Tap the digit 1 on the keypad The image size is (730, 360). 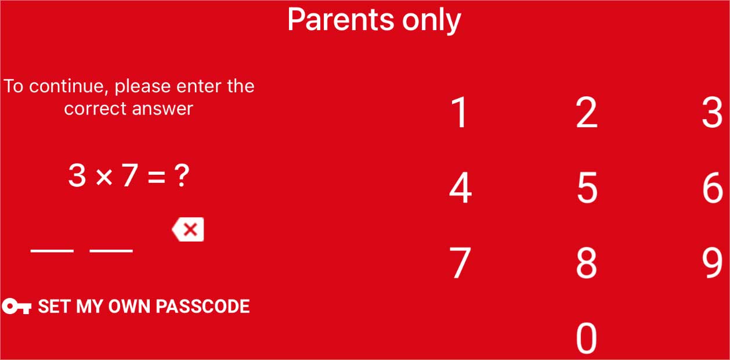pyautogui.click(x=460, y=112)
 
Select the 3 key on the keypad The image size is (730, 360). pyautogui.click(x=712, y=112)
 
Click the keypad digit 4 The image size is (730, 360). pyautogui.click(x=460, y=188)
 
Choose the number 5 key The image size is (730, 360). pyautogui.click(x=587, y=188)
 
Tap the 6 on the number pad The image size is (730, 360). pyautogui.click(x=713, y=188)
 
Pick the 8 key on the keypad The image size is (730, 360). pyautogui.click(x=587, y=263)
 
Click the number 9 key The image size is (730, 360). pyautogui.click(x=712, y=263)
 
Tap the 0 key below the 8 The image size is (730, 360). pyautogui.click(x=587, y=338)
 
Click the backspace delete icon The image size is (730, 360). pyautogui.click(x=187, y=229)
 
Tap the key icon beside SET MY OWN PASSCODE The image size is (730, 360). pyautogui.click(x=17, y=306)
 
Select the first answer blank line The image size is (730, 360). pyautogui.click(x=52, y=251)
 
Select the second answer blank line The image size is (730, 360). pyautogui.click(x=111, y=251)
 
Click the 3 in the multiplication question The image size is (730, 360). pyautogui.click(x=77, y=176)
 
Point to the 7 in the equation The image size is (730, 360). pyautogui.click(x=130, y=176)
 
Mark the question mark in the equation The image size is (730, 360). pyautogui.click(x=182, y=176)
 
